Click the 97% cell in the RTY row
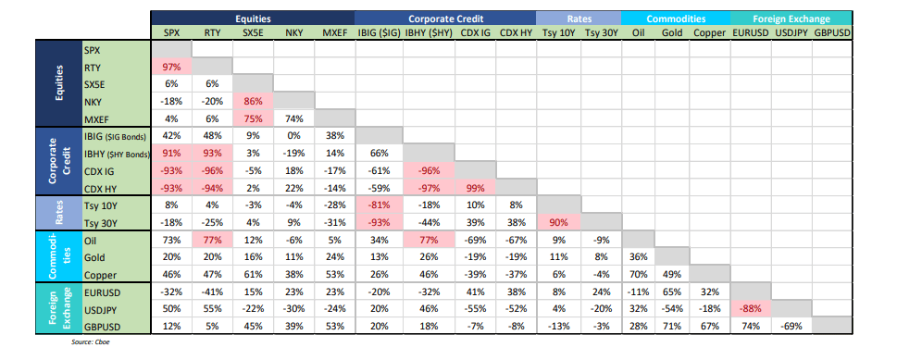[x=172, y=68]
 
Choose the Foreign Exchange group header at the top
[x=792, y=18]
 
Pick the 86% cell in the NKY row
[x=252, y=102]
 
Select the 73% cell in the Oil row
[x=172, y=240]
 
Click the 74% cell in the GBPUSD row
[x=750, y=325]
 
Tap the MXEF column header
[x=334, y=32]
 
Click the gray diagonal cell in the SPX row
[x=172, y=50]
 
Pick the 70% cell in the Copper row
[x=639, y=275]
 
